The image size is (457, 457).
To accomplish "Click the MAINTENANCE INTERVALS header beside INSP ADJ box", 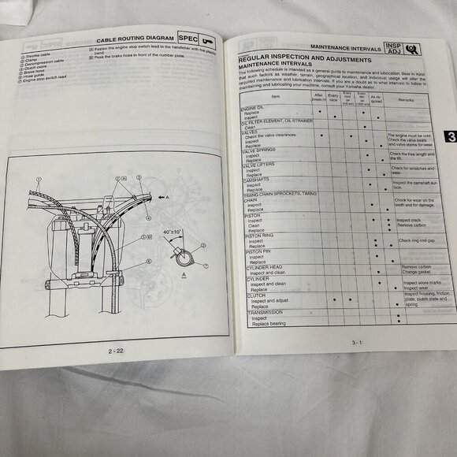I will pos(340,48).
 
